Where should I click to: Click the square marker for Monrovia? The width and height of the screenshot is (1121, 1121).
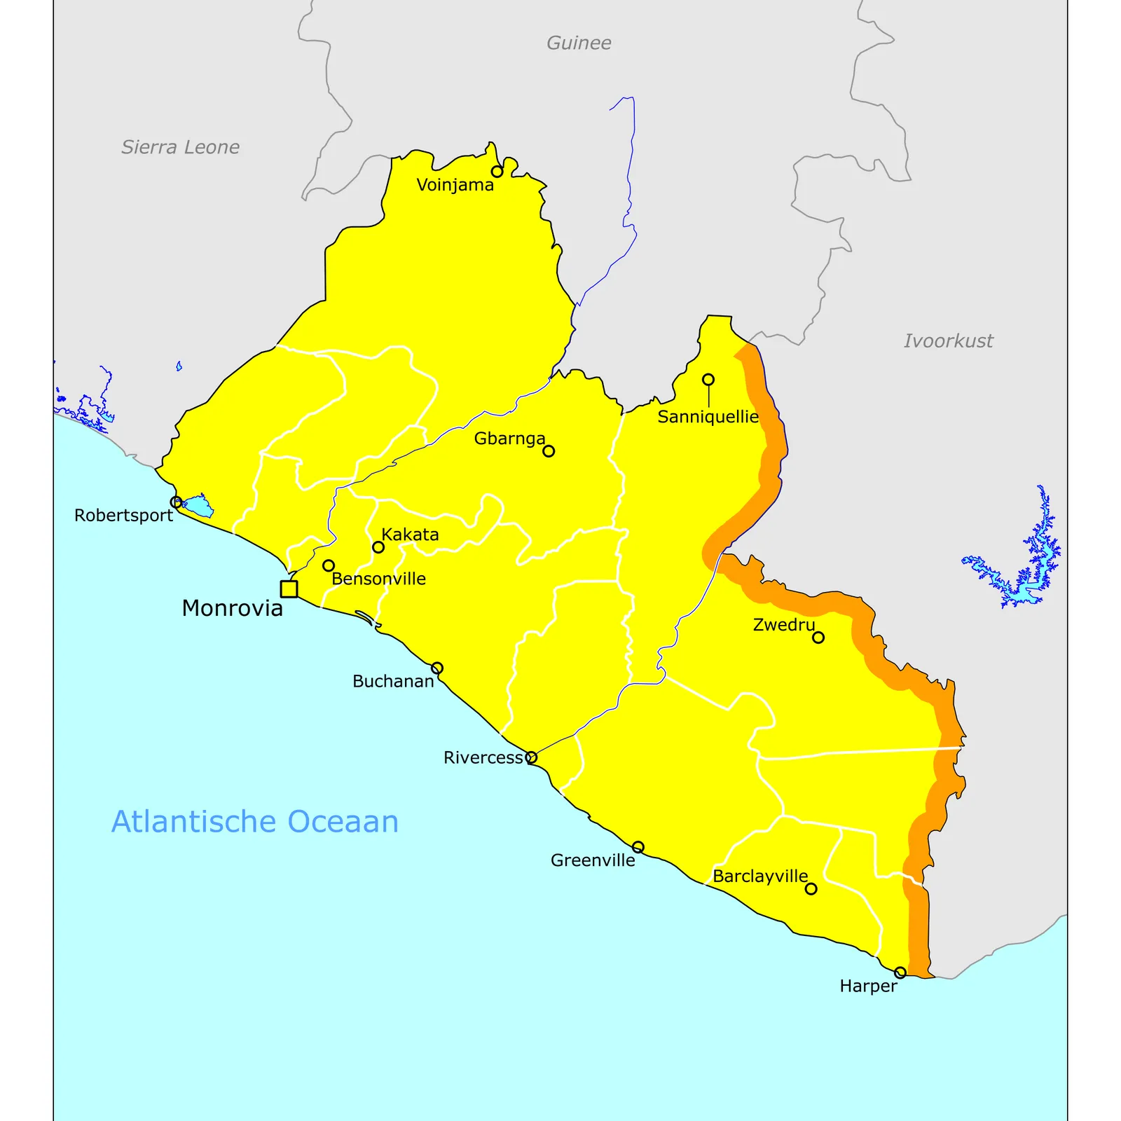289,589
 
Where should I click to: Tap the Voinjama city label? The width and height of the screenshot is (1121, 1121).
455,185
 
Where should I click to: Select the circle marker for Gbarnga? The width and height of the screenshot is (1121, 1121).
549,451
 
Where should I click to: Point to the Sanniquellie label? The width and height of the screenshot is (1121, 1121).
708,417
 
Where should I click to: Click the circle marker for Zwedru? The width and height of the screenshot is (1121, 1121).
818,638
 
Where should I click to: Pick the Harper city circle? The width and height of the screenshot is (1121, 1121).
900,972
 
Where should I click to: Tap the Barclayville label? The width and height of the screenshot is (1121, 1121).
760,876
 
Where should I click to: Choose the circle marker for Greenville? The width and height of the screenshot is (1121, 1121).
638,848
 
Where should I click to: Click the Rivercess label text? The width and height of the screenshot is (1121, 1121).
483,757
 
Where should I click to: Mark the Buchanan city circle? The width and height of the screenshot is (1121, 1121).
437,668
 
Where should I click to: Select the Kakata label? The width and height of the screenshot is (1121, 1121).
410,535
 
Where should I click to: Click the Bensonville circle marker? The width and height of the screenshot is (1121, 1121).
329,565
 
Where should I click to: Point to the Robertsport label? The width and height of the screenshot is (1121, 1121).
123,516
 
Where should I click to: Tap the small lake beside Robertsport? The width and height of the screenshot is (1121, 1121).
199,506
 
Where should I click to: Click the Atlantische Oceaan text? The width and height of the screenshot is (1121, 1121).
255,821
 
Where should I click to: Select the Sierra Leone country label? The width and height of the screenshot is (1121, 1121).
180,147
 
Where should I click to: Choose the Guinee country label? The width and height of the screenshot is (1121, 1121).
579,43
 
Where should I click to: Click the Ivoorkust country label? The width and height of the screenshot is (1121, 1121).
948,341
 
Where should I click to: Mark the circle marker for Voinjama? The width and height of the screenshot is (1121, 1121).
497,172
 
